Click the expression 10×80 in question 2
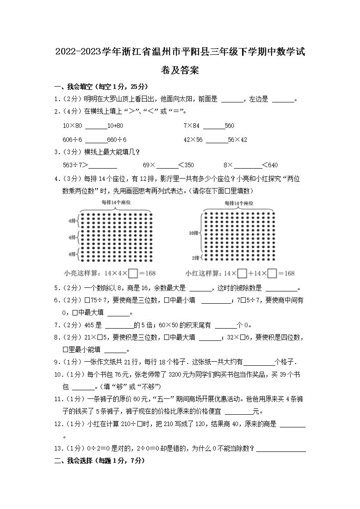tap(73, 126)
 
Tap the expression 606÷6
tap(73, 140)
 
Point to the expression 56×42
tap(238, 140)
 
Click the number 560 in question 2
tap(229, 126)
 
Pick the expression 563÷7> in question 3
tap(77, 165)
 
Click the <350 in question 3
tap(186, 165)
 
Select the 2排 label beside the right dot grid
tap(195, 257)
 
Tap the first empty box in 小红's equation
tap(242, 273)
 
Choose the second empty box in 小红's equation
tap(272, 273)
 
